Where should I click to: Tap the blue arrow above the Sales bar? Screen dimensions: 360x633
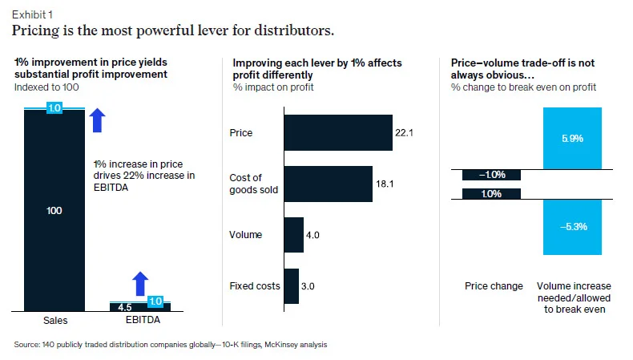coord(97,120)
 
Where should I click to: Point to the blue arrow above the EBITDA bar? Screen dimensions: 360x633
coord(140,284)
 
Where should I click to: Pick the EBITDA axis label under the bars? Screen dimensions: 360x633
coord(140,321)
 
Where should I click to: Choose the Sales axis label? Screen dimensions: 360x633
coord(54,321)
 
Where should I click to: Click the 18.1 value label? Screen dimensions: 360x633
coord(385,183)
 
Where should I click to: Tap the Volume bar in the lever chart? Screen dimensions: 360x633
coord(293,235)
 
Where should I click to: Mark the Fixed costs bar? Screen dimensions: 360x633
coord(291,286)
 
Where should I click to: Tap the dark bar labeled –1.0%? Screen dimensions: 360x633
coord(492,175)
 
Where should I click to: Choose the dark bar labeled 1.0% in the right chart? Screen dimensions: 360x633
coord(492,193)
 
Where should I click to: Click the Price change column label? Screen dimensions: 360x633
coord(494,286)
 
